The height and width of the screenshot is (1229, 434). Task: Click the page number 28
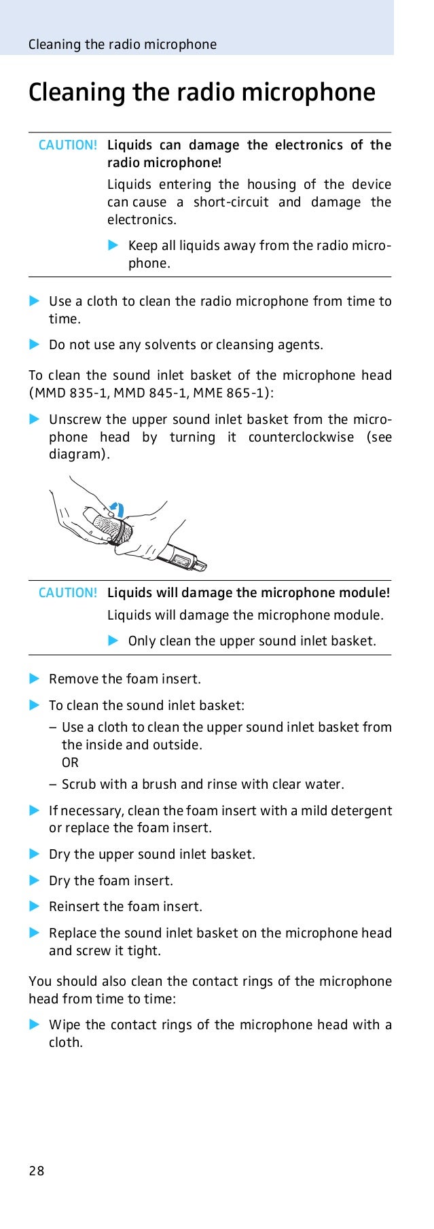click(36, 1171)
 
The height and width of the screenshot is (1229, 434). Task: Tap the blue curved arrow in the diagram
click(119, 509)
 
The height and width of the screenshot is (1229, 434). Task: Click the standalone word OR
click(70, 762)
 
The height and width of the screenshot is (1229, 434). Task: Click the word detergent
click(359, 811)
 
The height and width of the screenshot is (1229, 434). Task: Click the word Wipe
click(65, 1025)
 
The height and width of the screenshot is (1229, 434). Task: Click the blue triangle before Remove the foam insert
click(35, 679)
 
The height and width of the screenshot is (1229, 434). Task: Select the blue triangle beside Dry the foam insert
click(35, 880)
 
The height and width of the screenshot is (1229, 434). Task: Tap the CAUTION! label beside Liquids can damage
click(68, 145)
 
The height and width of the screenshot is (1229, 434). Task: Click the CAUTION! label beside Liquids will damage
click(68, 592)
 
